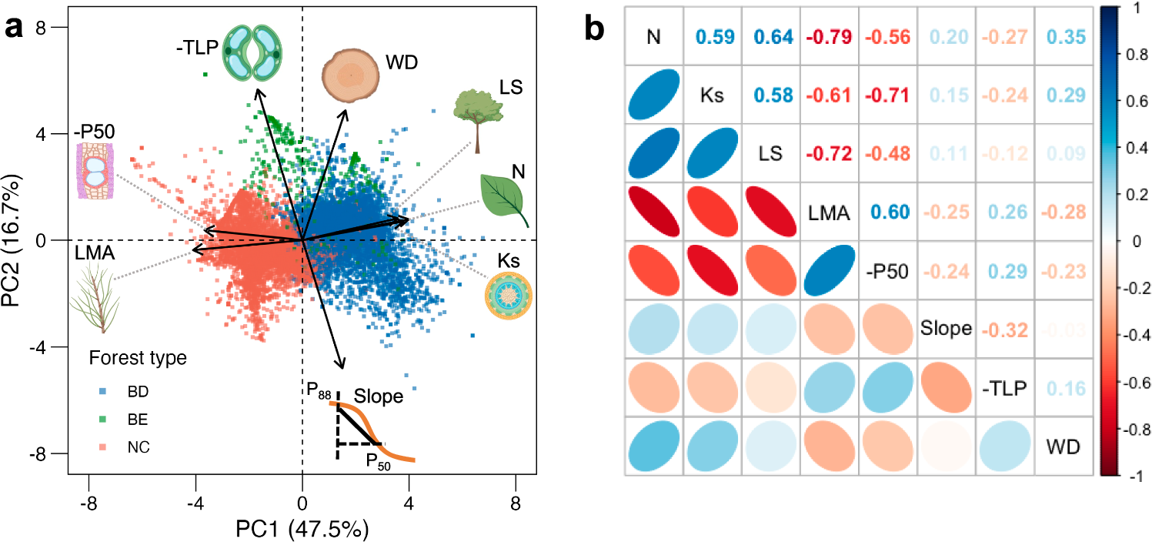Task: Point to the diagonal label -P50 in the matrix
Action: point(890,271)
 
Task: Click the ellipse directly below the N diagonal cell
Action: point(654,94)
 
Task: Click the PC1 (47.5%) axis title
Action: point(302,529)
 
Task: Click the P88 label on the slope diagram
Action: point(319,391)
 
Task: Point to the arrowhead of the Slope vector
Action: point(341,366)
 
